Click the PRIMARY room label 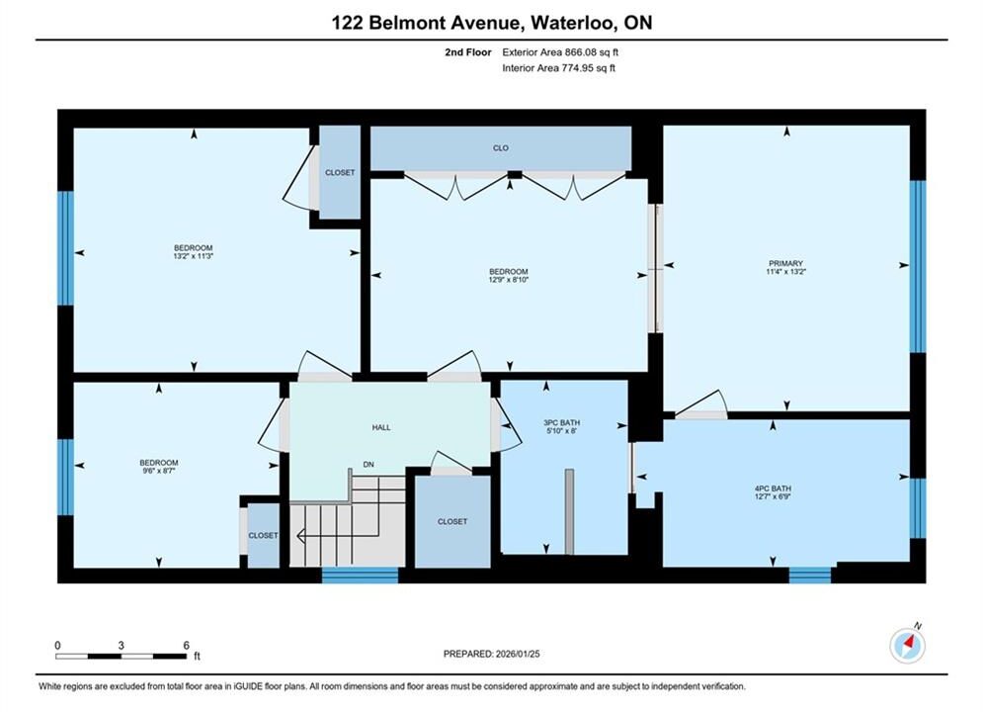point(785,263)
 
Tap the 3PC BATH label point(562,423)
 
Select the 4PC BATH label point(773,489)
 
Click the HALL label point(381,428)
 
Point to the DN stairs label point(369,465)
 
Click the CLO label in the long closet point(500,148)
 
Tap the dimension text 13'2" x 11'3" point(193,256)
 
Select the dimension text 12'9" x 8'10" point(509,280)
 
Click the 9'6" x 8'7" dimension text point(159,471)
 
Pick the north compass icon point(907,644)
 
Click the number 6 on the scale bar point(186,645)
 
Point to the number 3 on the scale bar point(121,645)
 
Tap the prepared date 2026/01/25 point(518,654)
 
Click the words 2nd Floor point(467,52)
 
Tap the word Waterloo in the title point(572,23)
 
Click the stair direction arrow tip point(296,536)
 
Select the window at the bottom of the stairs point(360,576)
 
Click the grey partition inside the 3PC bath point(569,511)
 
